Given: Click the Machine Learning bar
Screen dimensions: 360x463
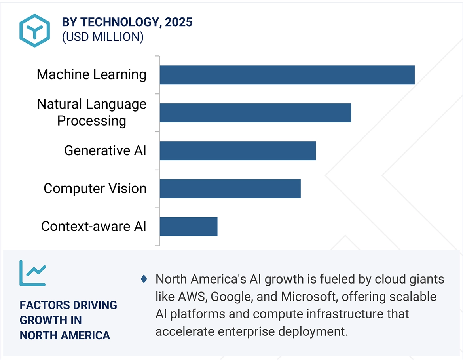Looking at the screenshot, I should (287, 75).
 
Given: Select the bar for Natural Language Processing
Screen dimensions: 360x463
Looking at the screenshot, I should (255, 113).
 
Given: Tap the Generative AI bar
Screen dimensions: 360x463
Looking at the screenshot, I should (237, 151).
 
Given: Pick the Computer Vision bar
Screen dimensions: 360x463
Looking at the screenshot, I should (230, 189).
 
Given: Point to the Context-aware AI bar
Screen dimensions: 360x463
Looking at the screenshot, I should (188, 227).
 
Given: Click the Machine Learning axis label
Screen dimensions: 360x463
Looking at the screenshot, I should (91, 74).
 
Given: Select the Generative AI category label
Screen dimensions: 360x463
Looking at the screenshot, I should (105, 150).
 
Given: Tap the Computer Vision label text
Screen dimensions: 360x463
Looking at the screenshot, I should (95, 189).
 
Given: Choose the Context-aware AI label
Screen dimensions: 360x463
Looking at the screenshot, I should (94, 227).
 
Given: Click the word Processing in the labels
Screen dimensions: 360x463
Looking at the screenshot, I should (91, 121).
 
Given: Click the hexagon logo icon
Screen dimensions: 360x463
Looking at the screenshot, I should (35, 30).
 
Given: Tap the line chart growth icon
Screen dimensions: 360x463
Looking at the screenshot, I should (32, 273).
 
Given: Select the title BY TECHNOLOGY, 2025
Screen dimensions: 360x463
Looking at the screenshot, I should (127, 22).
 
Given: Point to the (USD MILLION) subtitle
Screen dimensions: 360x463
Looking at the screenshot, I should (102, 37).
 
